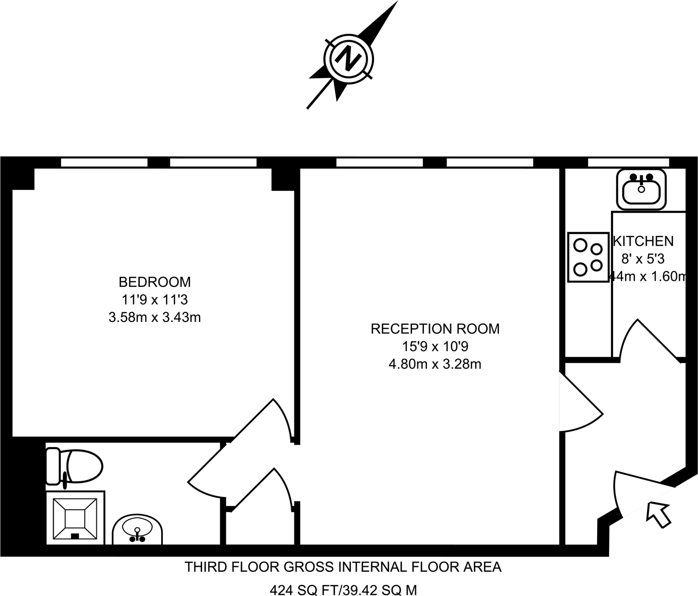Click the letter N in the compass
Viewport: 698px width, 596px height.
click(348, 59)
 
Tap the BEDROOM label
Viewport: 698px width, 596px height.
click(154, 282)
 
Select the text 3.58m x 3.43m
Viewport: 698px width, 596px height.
click(154, 317)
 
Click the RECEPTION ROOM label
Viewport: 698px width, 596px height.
click(435, 329)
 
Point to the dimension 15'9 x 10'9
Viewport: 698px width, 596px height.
click(435, 346)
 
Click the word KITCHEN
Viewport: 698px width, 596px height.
click(643, 241)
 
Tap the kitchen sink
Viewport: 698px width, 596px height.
click(641, 190)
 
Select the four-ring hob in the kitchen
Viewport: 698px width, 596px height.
click(588, 257)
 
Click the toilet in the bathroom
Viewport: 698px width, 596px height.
click(75, 466)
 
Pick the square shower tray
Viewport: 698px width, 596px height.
click(75, 519)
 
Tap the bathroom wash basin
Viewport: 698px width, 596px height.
click(137, 531)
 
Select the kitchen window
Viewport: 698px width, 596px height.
click(628, 162)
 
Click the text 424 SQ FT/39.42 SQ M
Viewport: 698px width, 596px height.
click(343, 590)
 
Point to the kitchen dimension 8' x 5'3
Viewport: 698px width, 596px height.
click(643, 259)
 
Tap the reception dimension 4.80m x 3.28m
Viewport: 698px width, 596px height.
click(435, 364)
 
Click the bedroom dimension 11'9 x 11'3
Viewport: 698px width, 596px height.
click(154, 300)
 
